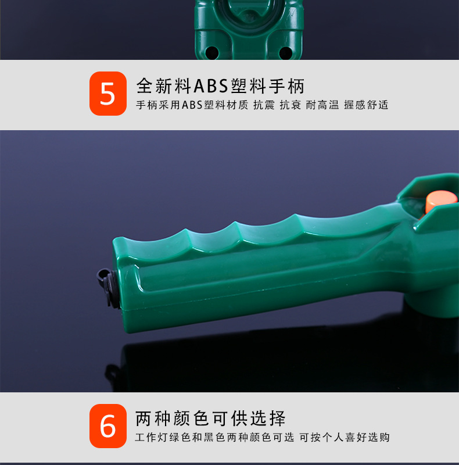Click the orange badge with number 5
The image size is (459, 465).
pyautogui.click(x=107, y=94)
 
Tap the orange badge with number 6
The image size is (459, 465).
pyautogui.click(x=107, y=426)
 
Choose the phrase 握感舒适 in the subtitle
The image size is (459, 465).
pyautogui.click(x=366, y=105)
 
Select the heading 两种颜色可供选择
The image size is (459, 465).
pyautogui.click(x=210, y=418)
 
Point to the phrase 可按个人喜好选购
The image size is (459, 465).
pyautogui.click(x=345, y=438)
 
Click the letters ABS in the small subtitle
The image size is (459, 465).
pyautogui.click(x=192, y=105)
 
